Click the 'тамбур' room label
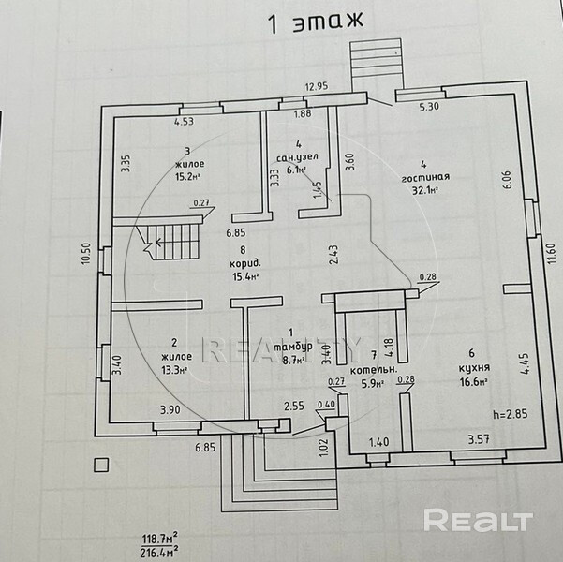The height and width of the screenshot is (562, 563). point(293,344)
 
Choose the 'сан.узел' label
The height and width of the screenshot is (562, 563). point(297,157)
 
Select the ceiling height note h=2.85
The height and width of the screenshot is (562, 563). point(510,413)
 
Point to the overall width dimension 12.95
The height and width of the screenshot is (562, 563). point(319,88)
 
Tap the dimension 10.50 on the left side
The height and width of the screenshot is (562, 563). point(87,256)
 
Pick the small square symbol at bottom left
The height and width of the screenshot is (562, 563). point(100,462)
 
